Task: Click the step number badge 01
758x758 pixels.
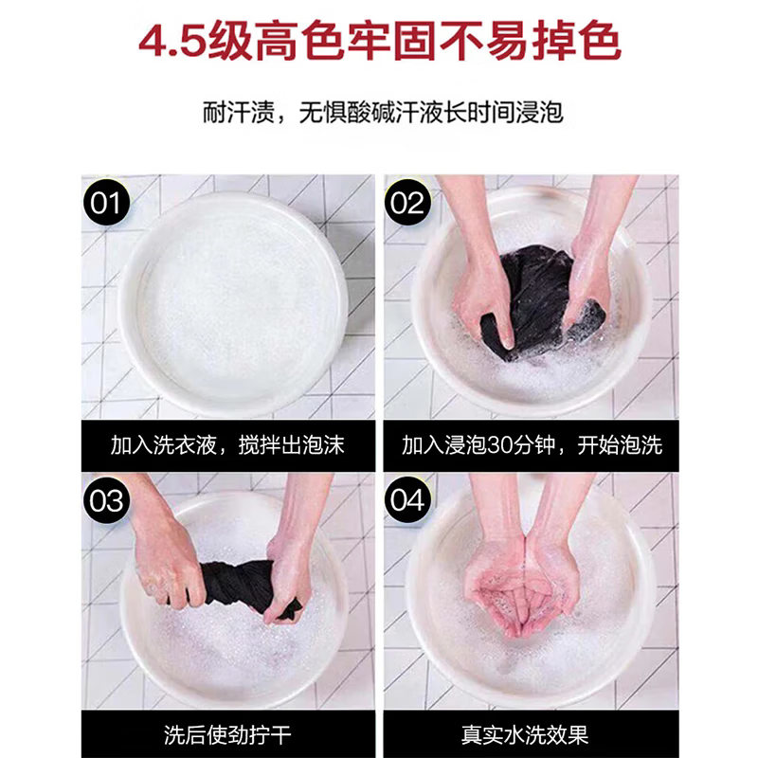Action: tap(106, 202)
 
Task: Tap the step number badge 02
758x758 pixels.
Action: tap(408, 202)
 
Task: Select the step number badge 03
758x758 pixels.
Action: tap(106, 499)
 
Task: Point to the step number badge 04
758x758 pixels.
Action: tap(408, 499)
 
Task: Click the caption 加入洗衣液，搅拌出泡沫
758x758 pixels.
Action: tap(227, 445)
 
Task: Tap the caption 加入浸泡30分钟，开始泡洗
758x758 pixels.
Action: tap(531, 445)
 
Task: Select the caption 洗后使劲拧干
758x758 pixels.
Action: tap(227, 734)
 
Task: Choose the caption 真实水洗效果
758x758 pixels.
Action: tap(531, 734)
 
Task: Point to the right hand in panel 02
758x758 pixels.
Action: tap(587, 284)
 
